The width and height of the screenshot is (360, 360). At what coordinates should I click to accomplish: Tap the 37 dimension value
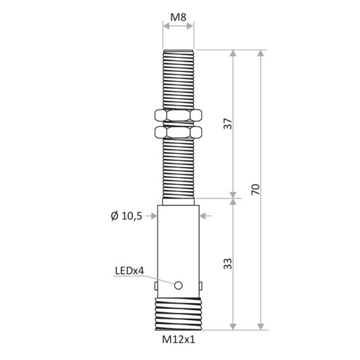pyautogui.click(x=227, y=124)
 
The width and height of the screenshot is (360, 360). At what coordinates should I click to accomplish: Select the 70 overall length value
pyautogui.click(x=256, y=190)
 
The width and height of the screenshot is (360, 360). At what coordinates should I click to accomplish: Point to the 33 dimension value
pyautogui.click(x=227, y=264)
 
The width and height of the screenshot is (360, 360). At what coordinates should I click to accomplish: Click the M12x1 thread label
pyautogui.click(x=178, y=339)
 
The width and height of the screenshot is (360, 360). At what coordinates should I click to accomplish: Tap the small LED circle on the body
pyautogui.click(x=178, y=285)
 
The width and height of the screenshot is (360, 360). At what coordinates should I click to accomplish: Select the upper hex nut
pyautogui.click(x=178, y=117)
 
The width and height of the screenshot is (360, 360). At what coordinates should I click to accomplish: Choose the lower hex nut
pyautogui.click(x=178, y=133)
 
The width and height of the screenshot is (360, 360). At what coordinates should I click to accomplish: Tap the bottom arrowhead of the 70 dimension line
pyautogui.click(x=261, y=325)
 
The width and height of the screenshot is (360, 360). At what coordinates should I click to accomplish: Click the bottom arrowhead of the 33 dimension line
pyautogui.click(x=232, y=325)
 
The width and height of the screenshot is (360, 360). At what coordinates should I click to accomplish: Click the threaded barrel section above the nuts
pyautogui.click(x=178, y=79)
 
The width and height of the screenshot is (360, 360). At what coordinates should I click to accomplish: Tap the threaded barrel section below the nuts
pyautogui.click(x=178, y=167)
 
